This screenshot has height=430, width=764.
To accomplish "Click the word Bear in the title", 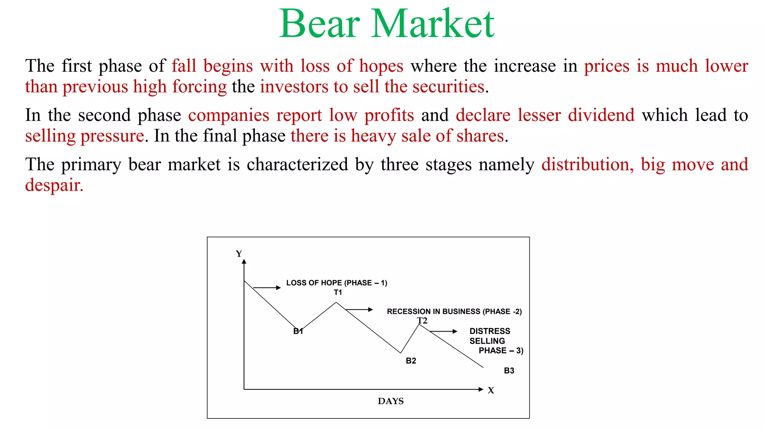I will click(319, 24).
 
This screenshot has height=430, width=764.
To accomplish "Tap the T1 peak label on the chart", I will click(338, 292).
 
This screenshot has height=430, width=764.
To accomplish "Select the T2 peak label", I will click(422, 321).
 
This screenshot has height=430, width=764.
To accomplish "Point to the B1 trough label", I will click(298, 331).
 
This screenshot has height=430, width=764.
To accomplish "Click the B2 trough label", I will click(411, 361).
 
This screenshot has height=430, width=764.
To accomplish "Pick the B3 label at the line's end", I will click(509, 371).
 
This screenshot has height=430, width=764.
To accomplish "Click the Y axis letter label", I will click(239, 254).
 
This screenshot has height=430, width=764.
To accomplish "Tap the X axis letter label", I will click(491, 390).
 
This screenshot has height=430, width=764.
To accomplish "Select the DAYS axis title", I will click(391, 401).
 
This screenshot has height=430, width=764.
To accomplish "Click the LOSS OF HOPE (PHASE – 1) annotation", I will click(336, 283).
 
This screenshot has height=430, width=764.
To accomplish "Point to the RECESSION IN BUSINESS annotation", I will click(454, 311).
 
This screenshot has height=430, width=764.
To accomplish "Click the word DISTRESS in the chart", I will click(489, 331).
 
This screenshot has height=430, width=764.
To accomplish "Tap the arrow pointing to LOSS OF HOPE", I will click(267, 287).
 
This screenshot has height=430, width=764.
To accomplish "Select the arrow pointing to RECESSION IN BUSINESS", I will click(359, 309).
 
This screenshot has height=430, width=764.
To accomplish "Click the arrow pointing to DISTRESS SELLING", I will click(444, 331).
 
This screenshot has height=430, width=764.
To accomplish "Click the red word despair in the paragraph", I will click(54, 185).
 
